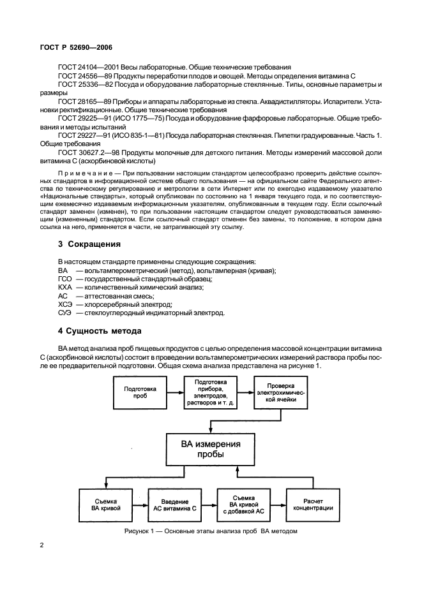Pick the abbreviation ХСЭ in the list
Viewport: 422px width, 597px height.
[x=65, y=304]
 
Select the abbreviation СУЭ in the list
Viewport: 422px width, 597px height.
[x=65, y=313]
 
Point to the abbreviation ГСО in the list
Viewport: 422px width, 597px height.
[x=65, y=279]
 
